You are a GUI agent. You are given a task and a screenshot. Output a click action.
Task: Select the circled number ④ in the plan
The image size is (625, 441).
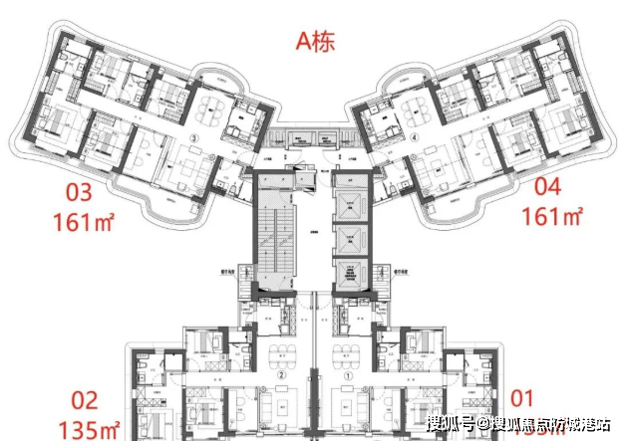pos(413,139)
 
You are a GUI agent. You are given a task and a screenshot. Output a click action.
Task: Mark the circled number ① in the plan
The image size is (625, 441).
pos(347,376)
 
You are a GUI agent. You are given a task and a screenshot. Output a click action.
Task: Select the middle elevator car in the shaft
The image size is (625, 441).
pos(351,238)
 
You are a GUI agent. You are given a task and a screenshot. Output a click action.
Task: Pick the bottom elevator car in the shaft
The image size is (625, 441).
pos(351,275)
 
